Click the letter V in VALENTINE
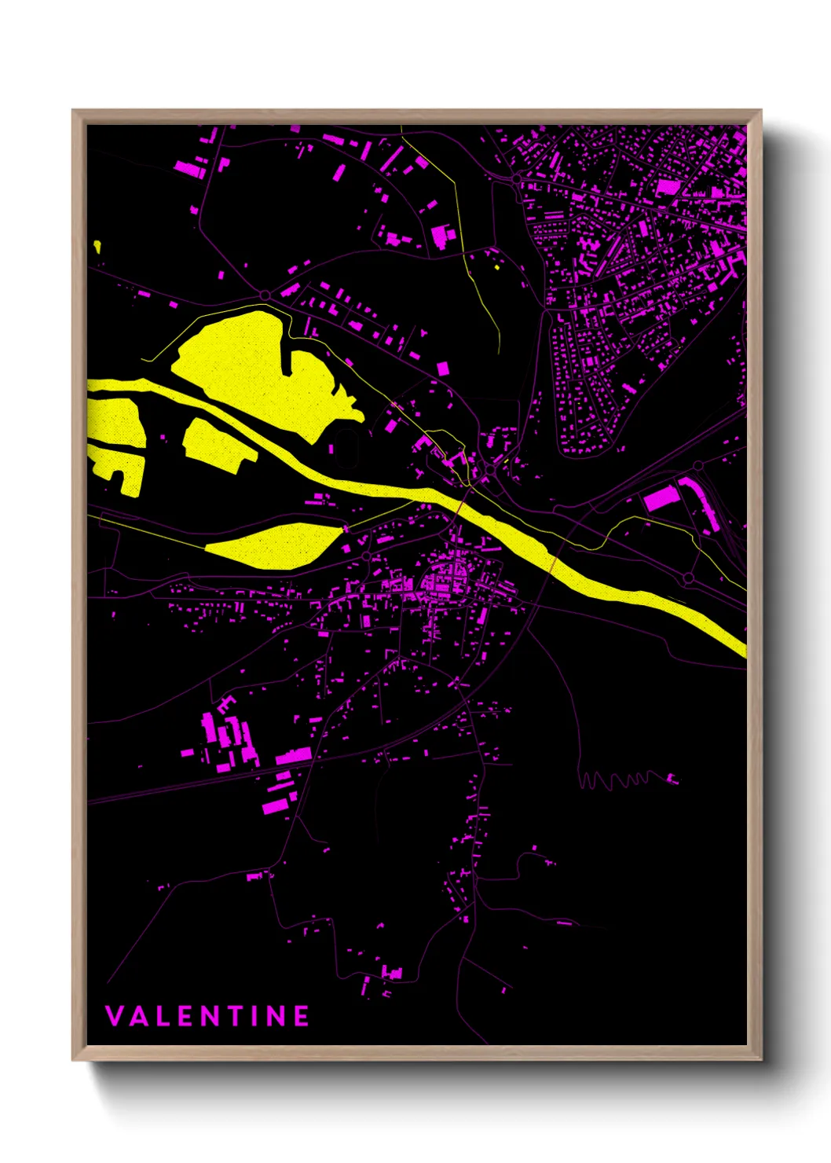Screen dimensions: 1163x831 (x=114, y=1016)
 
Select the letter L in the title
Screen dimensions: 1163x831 (x=163, y=1016)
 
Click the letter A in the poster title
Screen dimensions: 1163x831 (x=138, y=1016)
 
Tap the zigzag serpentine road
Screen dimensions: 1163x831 (x=621, y=780)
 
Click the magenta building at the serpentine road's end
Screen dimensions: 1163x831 (x=672, y=779)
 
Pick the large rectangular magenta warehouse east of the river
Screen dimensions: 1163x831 (x=660, y=499)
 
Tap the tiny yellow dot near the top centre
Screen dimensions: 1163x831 (x=497, y=267)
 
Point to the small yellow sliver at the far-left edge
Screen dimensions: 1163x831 (x=97, y=246)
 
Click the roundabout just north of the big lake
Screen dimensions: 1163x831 (x=265, y=295)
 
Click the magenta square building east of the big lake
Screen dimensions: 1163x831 (x=443, y=368)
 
